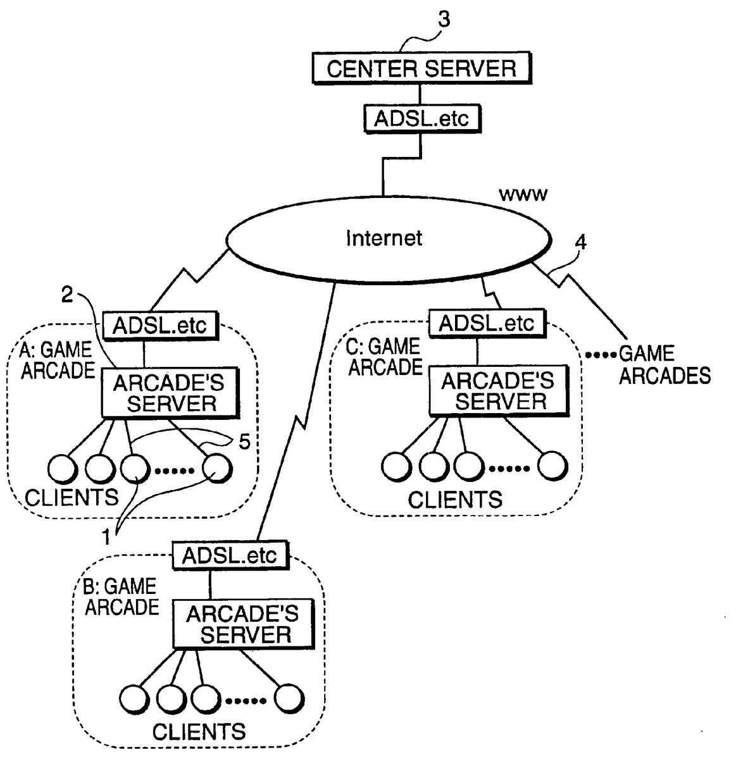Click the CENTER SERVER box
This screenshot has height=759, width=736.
(x=421, y=68)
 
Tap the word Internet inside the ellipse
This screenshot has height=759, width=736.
(x=384, y=238)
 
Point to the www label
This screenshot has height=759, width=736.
(x=523, y=195)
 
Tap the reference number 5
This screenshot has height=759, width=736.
(x=244, y=441)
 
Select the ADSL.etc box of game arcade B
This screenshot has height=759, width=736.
(x=229, y=555)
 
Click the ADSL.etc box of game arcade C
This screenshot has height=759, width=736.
(x=486, y=323)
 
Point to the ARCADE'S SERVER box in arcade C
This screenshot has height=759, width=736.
(x=498, y=391)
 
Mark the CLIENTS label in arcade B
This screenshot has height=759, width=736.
(x=199, y=732)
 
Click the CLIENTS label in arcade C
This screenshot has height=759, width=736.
(x=454, y=500)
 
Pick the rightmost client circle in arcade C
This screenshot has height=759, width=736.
(x=552, y=467)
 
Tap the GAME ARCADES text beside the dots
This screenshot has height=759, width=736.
(x=664, y=365)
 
